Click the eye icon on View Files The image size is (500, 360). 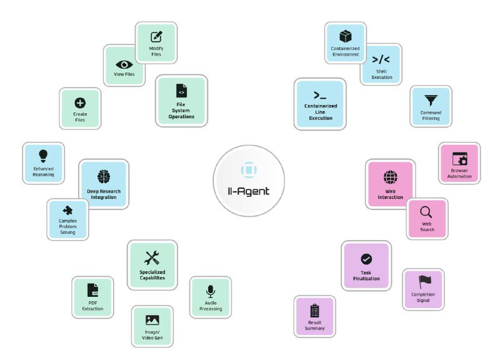(x=124, y=65)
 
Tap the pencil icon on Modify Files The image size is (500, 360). (x=156, y=37)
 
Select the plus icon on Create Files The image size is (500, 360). (x=80, y=103)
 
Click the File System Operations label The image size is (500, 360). (x=181, y=111)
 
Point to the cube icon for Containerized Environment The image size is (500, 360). (x=346, y=36)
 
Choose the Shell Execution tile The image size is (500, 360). (x=381, y=65)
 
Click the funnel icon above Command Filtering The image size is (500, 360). (x=431, y=101)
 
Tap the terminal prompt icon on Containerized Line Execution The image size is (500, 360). (x=320, y=95)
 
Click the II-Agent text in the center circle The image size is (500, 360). (x=249, y=191)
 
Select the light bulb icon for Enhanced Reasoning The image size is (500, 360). (x=43, y=156)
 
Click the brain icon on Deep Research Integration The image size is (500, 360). (x=104, y=177)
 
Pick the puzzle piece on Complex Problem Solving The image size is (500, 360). (x=67, y=211)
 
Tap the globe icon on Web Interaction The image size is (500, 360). (x=390, y=177)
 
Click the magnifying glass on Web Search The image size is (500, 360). (x=426, y=212)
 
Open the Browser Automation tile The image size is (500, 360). (x=459, y=163)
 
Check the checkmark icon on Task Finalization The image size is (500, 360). (x=366, y=259)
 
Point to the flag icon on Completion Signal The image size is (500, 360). (x=425, y=282)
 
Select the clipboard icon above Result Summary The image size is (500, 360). (x=315, y=311)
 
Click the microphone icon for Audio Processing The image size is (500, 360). (x=211, y=291)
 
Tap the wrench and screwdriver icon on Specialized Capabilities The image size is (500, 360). (x=152, y=258)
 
